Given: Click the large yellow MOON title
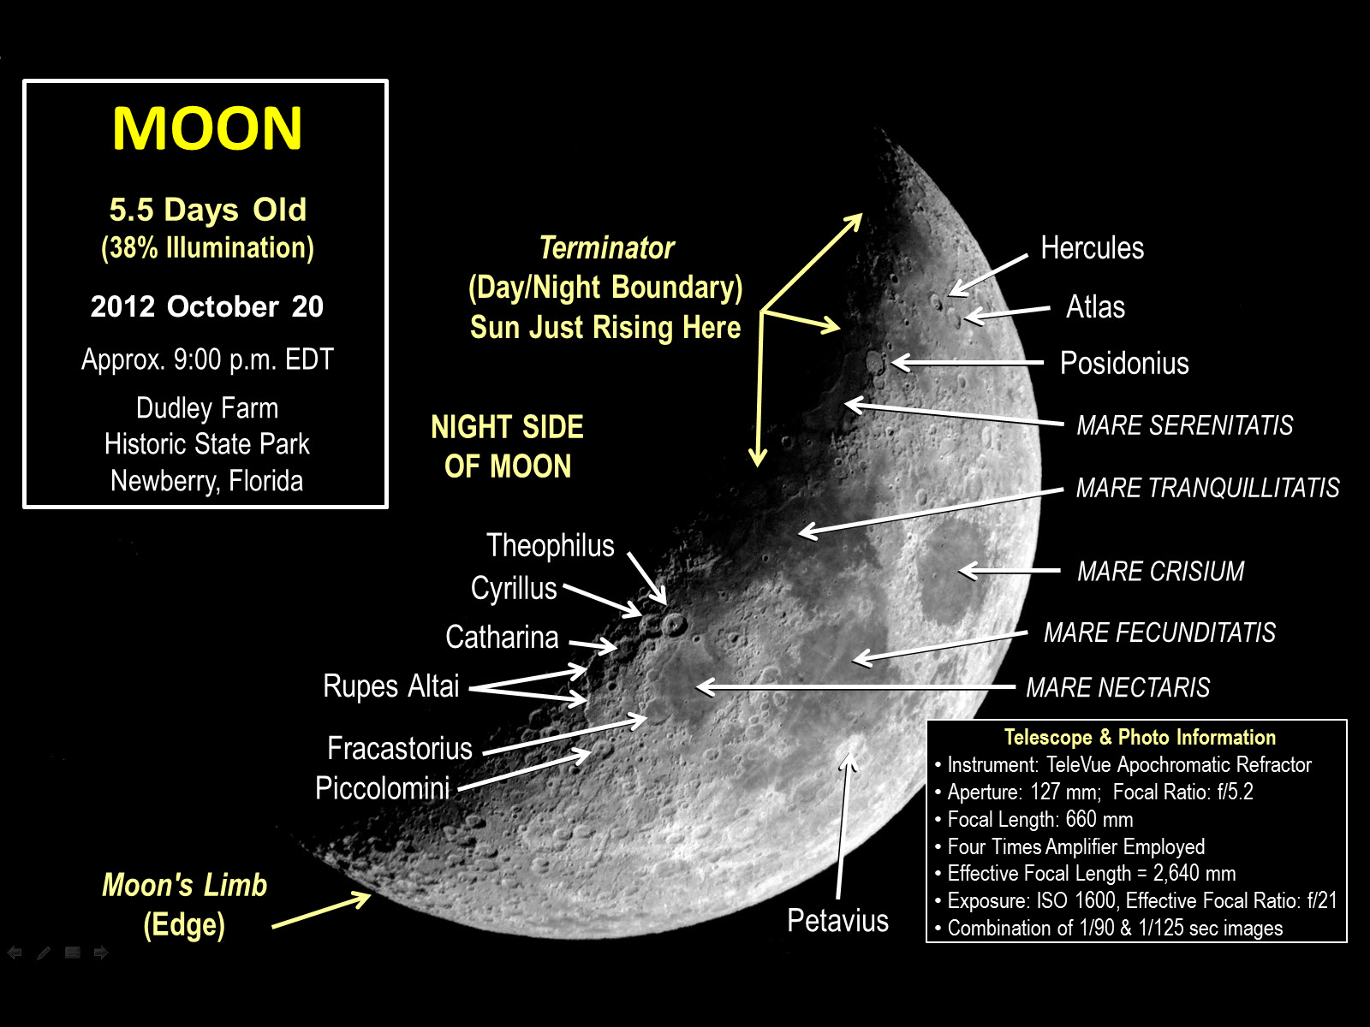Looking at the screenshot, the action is [x=207, y=128].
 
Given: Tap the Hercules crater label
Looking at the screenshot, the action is [x=1093, y=247].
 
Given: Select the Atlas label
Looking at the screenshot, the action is [x=1095, y=306].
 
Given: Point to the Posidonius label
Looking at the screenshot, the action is [x=1125, y=363].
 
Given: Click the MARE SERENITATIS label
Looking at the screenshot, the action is [x=1185, y=425].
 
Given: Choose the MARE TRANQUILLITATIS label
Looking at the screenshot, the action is [x=1207, y=488].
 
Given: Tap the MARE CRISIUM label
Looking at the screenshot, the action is [x=1161, y=571].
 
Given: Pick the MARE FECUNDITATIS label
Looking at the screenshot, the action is [x=1159, y=632].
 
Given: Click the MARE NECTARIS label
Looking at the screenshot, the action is [x=1118, y=687].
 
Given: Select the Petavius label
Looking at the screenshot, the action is [x=837, y=920].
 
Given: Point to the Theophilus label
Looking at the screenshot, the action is [x=550, y=546].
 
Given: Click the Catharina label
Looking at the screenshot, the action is [x=502, y=637].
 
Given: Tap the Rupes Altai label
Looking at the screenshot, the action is [x=390, y=686].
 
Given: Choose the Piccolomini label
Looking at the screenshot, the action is [x=382, y=787].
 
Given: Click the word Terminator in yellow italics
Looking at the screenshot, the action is [x=607, y=247].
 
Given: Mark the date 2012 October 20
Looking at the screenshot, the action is [x=207, y=306].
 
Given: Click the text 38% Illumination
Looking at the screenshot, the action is [x=207, y=247].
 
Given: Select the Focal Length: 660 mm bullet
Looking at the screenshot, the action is [x=1035, y=819].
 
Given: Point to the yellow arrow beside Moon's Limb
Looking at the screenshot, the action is [x=321, y=910].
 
